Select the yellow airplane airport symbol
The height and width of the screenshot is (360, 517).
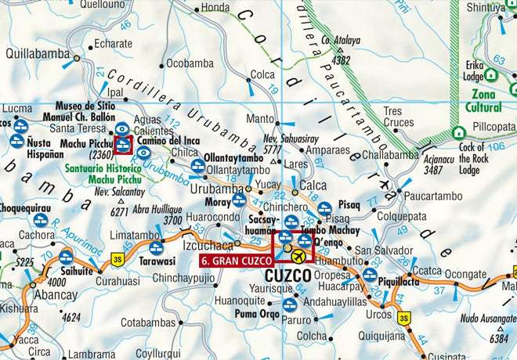click(299, 256)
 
